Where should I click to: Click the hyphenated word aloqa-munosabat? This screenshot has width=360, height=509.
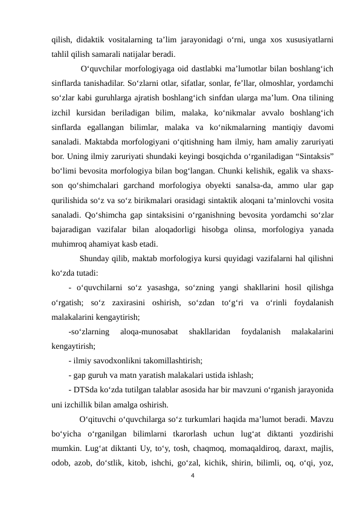point(149,332)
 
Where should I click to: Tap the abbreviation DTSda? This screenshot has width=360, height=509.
point(88,391)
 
